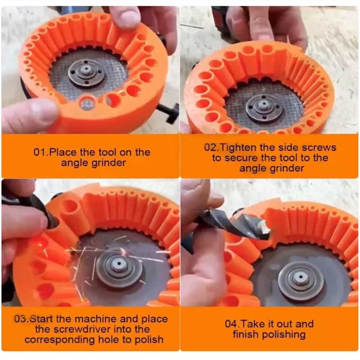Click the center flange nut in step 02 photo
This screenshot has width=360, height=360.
264,107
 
